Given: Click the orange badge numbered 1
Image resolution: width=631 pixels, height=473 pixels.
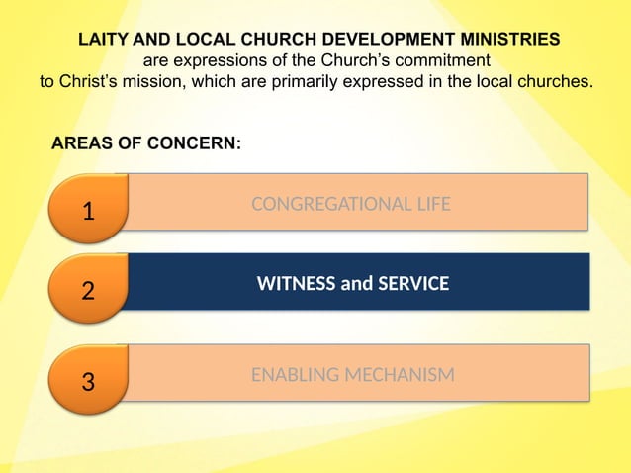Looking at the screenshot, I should [88, 209].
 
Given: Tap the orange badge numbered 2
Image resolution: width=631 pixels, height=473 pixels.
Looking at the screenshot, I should [88, 291].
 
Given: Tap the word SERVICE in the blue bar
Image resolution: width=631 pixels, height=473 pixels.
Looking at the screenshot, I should [406, 284].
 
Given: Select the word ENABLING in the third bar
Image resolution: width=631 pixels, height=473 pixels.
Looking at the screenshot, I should [292, 375].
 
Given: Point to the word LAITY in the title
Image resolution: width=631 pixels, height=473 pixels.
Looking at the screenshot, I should [103, 39].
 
